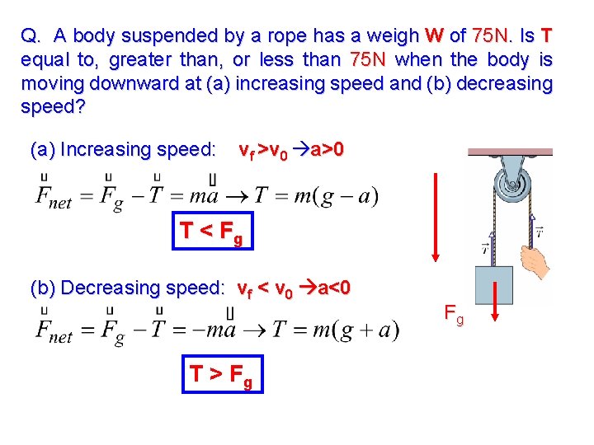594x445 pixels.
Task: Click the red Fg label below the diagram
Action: (x=454, y=312)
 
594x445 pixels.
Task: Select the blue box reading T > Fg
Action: (x=222, y=375)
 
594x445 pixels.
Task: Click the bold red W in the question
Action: (x=434, y=35)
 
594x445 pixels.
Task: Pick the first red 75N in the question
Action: (x=492, y=35)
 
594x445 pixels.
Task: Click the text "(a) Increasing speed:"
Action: (x=123, y=150)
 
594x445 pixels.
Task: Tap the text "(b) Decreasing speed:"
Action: (x=127, y=288)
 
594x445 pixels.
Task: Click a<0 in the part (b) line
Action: (x=332, y=288)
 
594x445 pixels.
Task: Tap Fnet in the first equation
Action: (x=54, y=199)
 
